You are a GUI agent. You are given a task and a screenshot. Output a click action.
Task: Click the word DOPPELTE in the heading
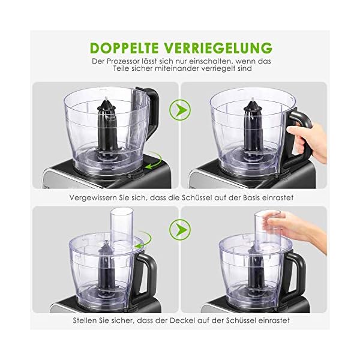click(128, 47)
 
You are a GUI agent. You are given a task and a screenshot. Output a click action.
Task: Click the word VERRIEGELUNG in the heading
click(222, 47)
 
